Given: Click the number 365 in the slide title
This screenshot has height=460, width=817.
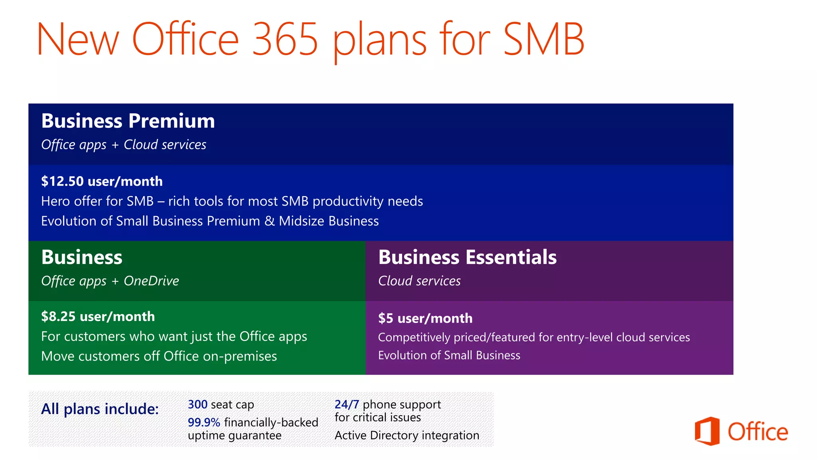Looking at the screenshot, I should [285, 39].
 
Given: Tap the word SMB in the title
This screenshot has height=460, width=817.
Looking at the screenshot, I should [543, 39].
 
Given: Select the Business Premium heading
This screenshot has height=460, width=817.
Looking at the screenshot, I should [128, 121].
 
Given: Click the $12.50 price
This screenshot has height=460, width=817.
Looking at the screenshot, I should [63, 181].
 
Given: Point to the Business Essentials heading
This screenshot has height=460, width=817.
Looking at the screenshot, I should [467, 257].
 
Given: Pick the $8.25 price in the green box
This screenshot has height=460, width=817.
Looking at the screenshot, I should [58, 317].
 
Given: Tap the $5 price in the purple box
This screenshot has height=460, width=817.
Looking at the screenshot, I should [386, 318].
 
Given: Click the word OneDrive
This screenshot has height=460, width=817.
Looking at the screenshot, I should [151, 281].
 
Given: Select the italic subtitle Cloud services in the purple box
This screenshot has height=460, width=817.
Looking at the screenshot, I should [419, 281].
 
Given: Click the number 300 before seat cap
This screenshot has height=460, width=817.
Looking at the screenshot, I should [197, 404].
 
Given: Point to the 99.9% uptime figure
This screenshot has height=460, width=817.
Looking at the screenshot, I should [204, 422].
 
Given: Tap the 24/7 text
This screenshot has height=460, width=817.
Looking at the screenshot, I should [347, 404].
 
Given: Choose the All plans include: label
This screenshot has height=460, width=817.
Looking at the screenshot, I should [100, 409].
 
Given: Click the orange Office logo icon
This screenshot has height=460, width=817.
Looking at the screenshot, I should [707, 431].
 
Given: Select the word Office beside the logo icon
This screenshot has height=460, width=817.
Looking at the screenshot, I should [758, 432].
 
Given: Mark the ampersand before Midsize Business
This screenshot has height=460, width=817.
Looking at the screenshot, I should [270, 221].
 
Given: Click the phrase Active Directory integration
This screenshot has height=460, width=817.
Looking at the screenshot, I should [407, 435].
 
